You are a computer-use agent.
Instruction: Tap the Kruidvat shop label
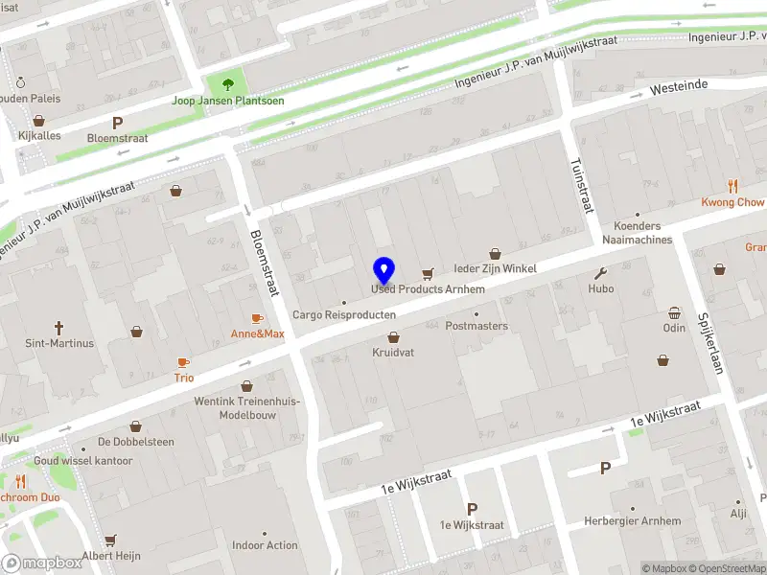coord(393,353)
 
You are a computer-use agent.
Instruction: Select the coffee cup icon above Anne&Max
coord(257,318)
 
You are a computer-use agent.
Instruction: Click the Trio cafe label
coord(183,378)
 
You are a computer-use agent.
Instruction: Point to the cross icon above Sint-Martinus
coord(58,328)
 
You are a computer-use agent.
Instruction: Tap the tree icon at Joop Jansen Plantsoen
coord(227,84)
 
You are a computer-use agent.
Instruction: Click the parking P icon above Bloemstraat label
coord(117,123)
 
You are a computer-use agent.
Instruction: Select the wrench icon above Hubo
coord(601,272)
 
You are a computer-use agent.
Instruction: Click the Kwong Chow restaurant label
coord(732,202)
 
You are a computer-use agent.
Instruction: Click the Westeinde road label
coord(678,86)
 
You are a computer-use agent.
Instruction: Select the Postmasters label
coord(476,326)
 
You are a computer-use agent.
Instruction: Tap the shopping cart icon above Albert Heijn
coord(110,540)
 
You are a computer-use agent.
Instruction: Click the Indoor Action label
coord(265,545)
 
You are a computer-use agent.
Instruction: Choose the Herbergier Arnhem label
coord(632,521)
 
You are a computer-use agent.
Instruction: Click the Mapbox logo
coord(42,563)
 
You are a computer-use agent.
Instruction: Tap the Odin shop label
coord(674,328)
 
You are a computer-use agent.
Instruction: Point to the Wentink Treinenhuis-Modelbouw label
coord(247,408)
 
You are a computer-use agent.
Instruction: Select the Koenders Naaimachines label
coord(638,233)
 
